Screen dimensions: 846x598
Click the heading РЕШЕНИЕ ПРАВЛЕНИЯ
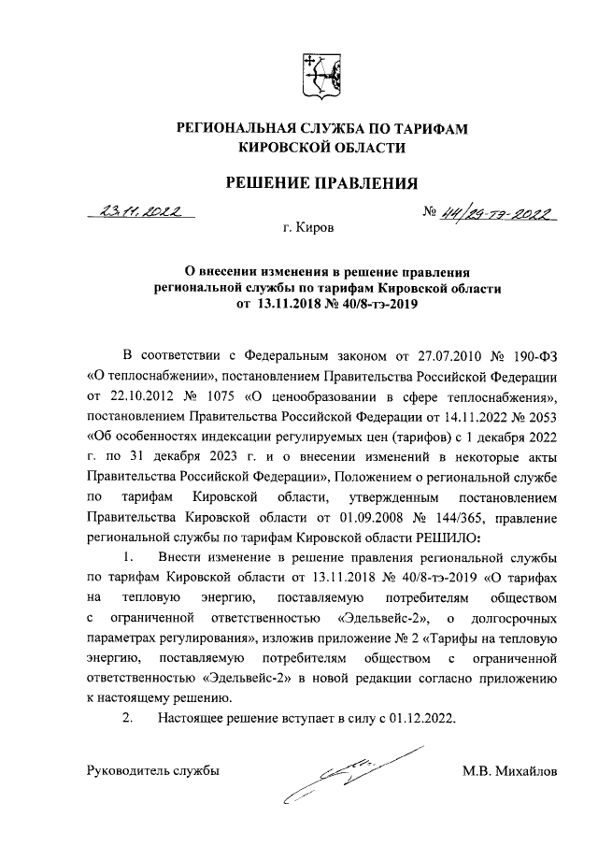coord(322,182)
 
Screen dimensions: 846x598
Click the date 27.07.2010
coord(445,357)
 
